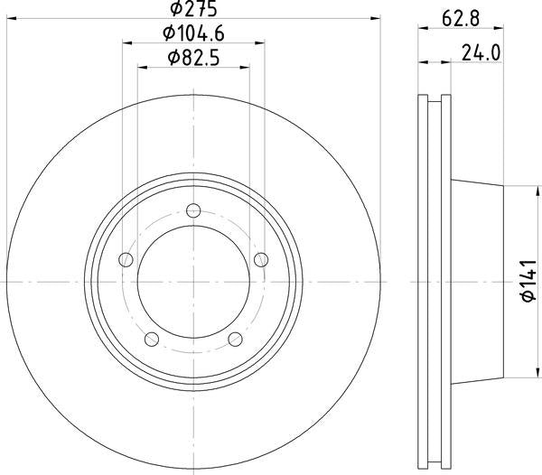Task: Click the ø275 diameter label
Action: point(194,10)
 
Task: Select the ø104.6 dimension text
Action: point(194,34)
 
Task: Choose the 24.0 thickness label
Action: point(481,52)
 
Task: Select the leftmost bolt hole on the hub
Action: point(125,260)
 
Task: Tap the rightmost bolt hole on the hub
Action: point(262,260)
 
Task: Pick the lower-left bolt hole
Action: point(151,340)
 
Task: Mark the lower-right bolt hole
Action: point(236,340)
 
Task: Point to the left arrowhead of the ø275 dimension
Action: point(13,20)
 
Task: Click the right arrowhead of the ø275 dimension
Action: point(374,20)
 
